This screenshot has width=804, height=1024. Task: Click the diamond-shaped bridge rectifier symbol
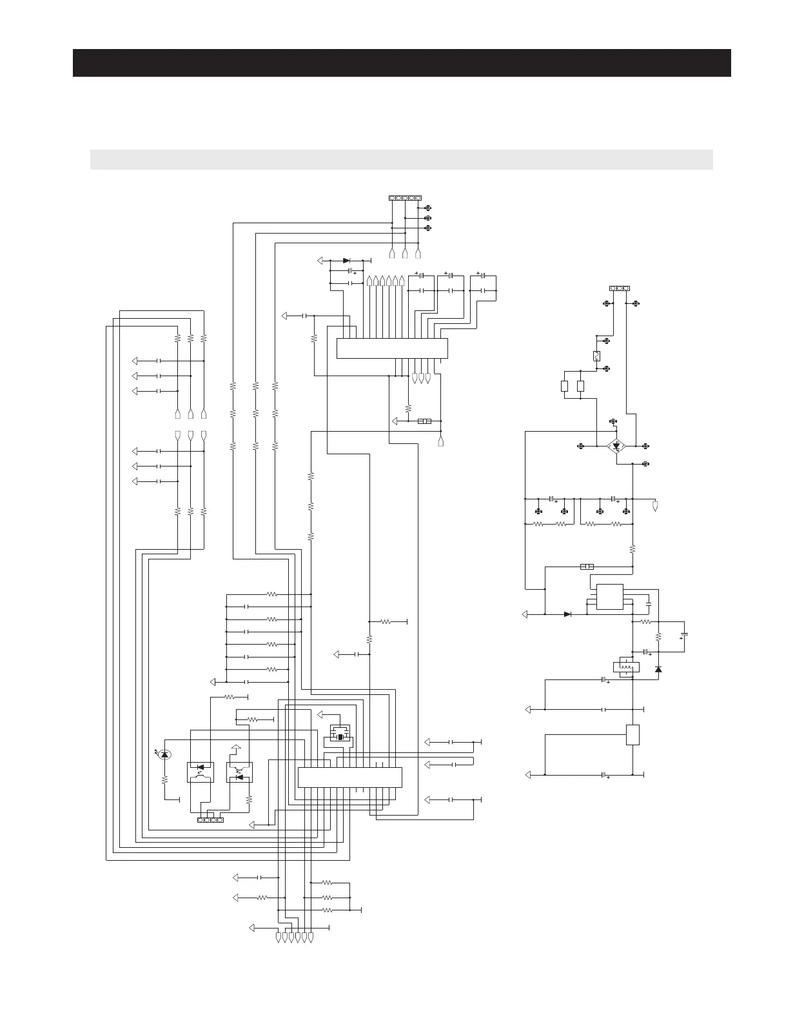[617, 445]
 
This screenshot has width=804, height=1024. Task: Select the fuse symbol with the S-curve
[596, 356]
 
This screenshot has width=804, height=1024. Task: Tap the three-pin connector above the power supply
[620, 288]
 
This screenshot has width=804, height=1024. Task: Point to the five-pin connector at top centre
[405, 197]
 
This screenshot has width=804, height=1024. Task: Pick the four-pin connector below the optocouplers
[210, 820]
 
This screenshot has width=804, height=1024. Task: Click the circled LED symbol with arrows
[164, 754]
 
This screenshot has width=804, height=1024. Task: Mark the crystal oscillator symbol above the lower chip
[340, 736]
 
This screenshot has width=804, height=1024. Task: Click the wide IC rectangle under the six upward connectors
[392, 348]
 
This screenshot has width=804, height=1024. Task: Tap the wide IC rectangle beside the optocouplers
[349, 777]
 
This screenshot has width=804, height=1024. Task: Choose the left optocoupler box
[199, 772]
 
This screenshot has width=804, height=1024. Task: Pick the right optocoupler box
[239, 772]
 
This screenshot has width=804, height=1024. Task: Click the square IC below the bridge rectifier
[609, 596]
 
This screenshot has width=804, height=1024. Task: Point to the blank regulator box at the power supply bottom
[632, 735]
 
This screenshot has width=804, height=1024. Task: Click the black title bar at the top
[402, 63]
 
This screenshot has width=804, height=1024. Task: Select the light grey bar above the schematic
[402, 159]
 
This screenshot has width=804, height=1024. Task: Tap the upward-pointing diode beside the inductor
[658, 669]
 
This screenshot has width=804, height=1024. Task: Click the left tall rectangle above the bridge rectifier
[564, 387]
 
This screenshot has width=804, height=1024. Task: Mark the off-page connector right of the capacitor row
[655, 505]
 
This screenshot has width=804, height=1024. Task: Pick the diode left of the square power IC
[567, 614]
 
